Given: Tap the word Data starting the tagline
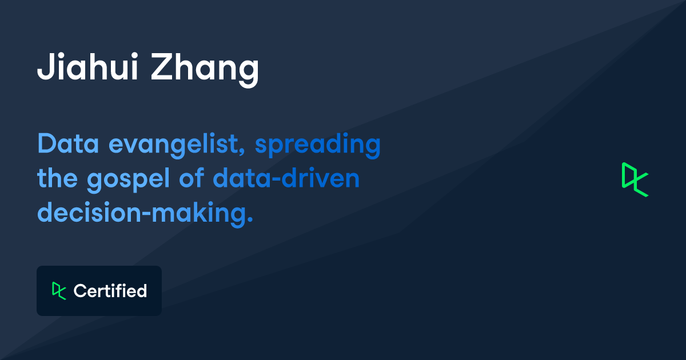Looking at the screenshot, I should [67, 145].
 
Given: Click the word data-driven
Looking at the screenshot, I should [286, 179].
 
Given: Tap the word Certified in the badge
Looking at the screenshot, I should [110, 291].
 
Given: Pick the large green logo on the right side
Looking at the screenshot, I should [635, 179].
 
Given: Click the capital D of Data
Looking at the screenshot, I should [46, 145].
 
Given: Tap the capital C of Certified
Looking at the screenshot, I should [79, 291].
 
